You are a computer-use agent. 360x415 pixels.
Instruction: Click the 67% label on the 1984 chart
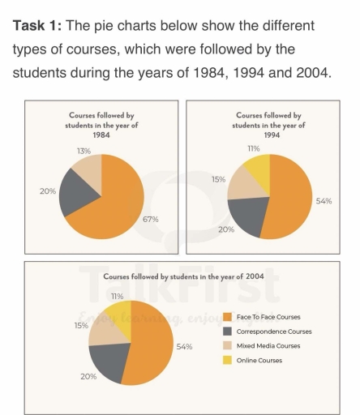[x=151, y=219]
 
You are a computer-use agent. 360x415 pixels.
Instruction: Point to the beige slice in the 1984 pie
[x=88, y=169]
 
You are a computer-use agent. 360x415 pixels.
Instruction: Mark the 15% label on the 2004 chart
[x=81, y=325]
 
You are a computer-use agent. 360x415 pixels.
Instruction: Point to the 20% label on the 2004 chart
[x=88, y=377]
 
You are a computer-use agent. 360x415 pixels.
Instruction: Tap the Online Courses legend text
[x=259, y=360]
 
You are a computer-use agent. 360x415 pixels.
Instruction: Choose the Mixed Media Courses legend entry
[x=267, y=346]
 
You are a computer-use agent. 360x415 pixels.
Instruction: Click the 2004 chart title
[x=179, y=276]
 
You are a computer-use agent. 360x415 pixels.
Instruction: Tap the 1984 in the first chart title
[x=101, y=135]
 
